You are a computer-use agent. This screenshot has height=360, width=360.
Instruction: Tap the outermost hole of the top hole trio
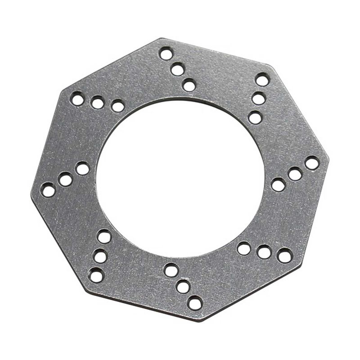[166, 54]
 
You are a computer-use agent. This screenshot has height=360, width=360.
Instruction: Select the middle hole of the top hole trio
[177, 69]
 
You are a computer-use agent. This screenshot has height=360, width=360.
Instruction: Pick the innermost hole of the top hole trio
[189, 85]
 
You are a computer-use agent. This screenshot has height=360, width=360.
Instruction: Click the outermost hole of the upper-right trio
[262, 80]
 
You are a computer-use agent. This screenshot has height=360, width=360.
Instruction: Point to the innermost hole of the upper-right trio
[255, 117]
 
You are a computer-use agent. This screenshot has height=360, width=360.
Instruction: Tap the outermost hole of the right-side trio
[312, 163]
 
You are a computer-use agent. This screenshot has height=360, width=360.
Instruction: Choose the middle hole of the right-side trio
[295, 174]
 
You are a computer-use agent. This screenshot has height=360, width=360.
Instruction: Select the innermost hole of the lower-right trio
[244, 248]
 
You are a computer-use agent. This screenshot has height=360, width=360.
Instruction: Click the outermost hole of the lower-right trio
[284, 256]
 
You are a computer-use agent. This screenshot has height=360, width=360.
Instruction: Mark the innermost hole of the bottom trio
[171, 270]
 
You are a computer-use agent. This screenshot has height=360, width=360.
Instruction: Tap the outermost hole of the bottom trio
[194, 303]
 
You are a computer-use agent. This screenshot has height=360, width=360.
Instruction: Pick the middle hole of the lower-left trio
[100, 256]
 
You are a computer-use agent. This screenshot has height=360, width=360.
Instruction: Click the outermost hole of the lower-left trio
[96, 275]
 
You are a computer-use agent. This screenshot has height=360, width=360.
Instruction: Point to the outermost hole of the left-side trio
[48, 190]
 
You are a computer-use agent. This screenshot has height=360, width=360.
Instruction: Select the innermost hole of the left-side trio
[82, 169]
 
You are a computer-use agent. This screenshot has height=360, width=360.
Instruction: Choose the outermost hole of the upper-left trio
[77, 99]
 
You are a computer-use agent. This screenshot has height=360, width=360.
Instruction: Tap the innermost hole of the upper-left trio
[118, 106]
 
